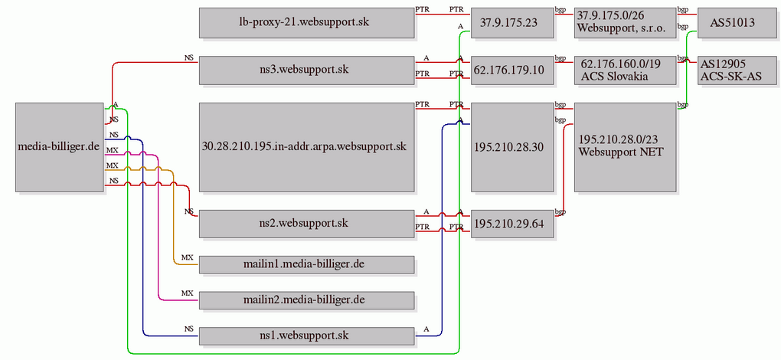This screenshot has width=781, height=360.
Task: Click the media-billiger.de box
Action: click(x=59, y=147)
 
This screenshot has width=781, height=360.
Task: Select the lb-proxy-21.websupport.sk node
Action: click(x=307, y=22)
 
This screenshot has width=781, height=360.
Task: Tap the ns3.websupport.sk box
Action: click(x=307, y=70)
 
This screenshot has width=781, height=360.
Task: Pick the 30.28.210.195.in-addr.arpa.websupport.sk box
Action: click(x=307, y=147)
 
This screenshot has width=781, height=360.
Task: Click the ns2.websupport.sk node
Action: click(x=307, y=223)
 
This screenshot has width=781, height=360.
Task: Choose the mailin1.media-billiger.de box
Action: click(x=307, y=264)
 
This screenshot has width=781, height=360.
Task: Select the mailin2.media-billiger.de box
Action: click(x=307, y=300)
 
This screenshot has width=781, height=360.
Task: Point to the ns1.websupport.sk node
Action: click(x=307, y=336)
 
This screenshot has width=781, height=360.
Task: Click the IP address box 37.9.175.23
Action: click(x=512, y=22)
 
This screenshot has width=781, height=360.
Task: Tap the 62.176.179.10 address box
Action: click(x=512, y=70)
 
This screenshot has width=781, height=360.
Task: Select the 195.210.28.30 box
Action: click(x=512, y=147)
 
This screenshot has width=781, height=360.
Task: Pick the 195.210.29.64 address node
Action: click(x=512, y=223)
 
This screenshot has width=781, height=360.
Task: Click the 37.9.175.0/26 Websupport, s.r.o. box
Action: click(x=625, y=22)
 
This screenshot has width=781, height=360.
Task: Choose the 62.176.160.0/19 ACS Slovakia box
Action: click(x=625, y=70)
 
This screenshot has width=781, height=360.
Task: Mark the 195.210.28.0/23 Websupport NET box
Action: click(x=625, y=147)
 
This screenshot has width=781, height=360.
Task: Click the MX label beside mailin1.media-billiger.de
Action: click(x=188, y=257)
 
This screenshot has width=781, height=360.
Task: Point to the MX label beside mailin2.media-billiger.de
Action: click(x=188, y=293)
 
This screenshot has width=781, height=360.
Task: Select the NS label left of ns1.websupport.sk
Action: click(x=189, y=329)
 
